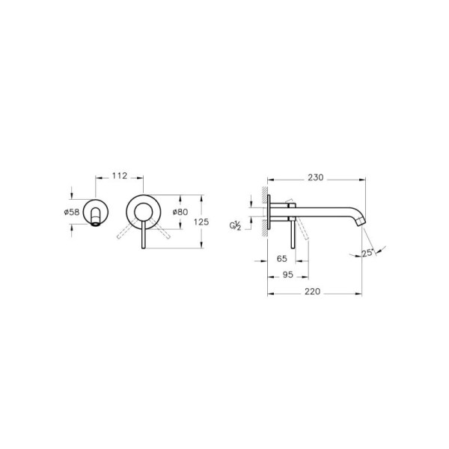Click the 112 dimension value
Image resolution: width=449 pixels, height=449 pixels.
click(x=119, y=176)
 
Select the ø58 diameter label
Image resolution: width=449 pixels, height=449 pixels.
click(x=73, y=213)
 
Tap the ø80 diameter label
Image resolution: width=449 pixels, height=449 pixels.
click(x=180, y=213)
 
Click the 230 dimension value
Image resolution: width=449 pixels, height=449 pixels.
click(x=316, y=178)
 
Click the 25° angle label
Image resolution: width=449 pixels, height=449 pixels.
click(x=367, y=254)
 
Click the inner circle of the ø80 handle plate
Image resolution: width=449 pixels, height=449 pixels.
click(x=142, y=213)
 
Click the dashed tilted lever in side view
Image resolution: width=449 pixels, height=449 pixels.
click(x=302, y=233)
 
